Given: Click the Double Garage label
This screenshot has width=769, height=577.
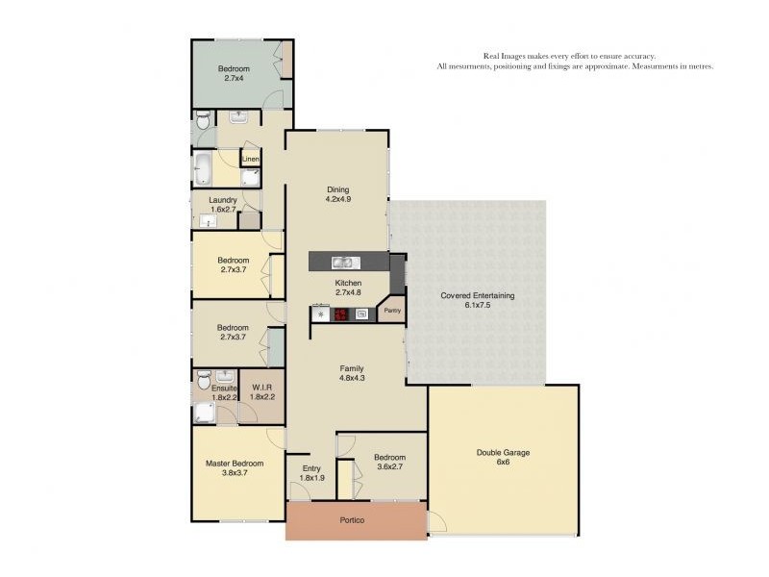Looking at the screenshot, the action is pos(503,452).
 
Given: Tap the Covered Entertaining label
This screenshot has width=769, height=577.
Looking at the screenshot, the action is pos(477,295).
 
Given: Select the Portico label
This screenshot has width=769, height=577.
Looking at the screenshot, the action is pos(352,520).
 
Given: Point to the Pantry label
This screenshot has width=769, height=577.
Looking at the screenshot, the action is pos(392,311).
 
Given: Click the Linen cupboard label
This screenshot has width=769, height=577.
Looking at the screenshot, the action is pos(251,159).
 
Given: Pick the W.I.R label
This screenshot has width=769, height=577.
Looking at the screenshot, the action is pos(262,388).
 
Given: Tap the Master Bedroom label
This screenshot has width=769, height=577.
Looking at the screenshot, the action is pos(235,464).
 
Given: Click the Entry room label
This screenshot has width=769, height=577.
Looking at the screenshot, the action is pos(311,468).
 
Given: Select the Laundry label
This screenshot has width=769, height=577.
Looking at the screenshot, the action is pos(223,200).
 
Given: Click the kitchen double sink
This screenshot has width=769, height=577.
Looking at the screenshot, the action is pos(345,263).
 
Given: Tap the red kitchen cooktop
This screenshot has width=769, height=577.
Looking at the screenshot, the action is pos(341,314).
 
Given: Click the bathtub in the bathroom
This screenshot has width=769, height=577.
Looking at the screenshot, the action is pos(203,168).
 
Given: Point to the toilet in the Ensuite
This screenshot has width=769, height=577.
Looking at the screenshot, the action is pos(204,379).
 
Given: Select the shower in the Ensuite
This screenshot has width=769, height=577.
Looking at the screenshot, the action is pos(204,413).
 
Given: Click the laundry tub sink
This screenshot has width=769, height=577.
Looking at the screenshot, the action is pos(208,222).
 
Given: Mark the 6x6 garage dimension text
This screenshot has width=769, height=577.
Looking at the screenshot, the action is pos(503,463).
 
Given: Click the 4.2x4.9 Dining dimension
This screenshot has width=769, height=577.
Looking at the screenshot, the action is pos(338,200).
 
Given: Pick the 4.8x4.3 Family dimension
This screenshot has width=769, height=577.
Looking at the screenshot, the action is pos(352,378).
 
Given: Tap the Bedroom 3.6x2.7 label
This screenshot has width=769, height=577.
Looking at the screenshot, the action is pos(389,463).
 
